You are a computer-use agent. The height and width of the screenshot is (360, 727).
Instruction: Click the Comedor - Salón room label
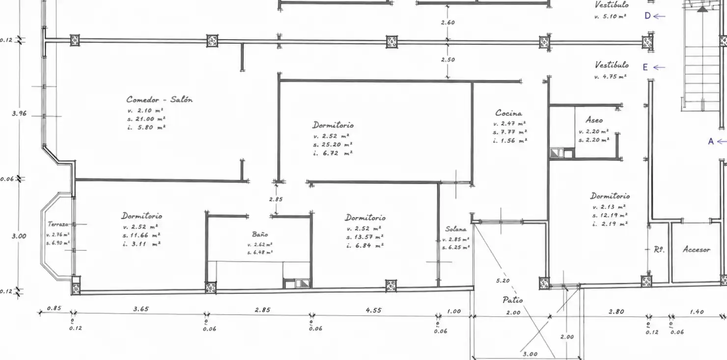[x=159, y=99]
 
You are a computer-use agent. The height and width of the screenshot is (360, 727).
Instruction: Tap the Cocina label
[x=508, y=113]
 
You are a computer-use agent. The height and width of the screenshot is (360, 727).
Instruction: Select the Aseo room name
[x=594, y=120]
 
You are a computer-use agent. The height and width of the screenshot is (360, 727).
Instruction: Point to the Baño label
[x=260, y=234]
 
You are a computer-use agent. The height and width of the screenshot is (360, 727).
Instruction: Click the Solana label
[x=456, y=229]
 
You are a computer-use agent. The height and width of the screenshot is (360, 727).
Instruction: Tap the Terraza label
[x=58, y=224]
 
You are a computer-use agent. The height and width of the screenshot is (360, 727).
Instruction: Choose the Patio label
[x=513, y=300]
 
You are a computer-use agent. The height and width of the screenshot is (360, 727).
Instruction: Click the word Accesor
[x=697, y=249]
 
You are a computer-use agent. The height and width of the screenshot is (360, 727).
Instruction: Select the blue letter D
[x=647, y=16]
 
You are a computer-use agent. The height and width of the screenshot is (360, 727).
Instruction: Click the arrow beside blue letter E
[x=659, y=67]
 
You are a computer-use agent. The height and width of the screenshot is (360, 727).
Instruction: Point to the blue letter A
[x=711, y=141]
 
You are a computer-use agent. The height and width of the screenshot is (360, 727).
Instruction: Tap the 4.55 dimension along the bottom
[x=373, y=310]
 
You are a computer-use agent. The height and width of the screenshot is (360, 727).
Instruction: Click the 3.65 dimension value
[x=141, y=309]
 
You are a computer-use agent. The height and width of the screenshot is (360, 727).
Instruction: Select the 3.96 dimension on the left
[x=19, y=113]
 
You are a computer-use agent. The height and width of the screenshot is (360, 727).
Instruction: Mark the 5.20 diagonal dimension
[x=503, y=280]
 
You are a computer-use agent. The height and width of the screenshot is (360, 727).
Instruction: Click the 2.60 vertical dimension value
[x=448, y=23]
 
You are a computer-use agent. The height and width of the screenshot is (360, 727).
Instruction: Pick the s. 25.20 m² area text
[x=333, y=144]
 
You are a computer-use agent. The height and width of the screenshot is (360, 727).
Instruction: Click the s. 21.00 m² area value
[x=146, y=119]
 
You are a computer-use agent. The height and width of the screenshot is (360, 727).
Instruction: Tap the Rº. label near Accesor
[x=659, y=249]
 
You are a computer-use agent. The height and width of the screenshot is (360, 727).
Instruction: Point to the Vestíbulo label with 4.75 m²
[x=612, y=65]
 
